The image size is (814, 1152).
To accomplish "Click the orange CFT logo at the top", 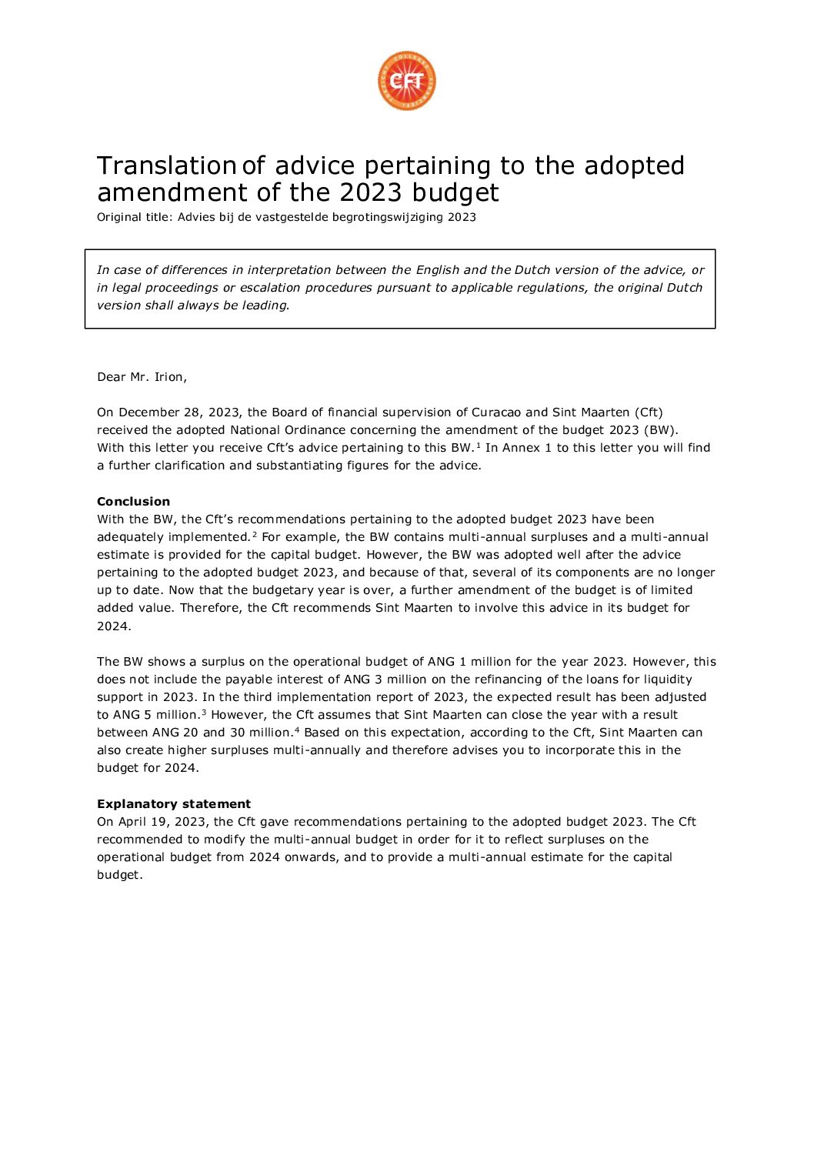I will pos(407,81).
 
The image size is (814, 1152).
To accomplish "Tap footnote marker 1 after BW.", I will pos(478,445).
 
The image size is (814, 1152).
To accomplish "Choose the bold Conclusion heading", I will pos(133,502).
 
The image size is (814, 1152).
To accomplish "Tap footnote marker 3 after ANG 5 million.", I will pos(204,712).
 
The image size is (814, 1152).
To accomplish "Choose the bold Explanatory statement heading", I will pos(174,804).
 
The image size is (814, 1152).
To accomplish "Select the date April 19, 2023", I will pos(162,822).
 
